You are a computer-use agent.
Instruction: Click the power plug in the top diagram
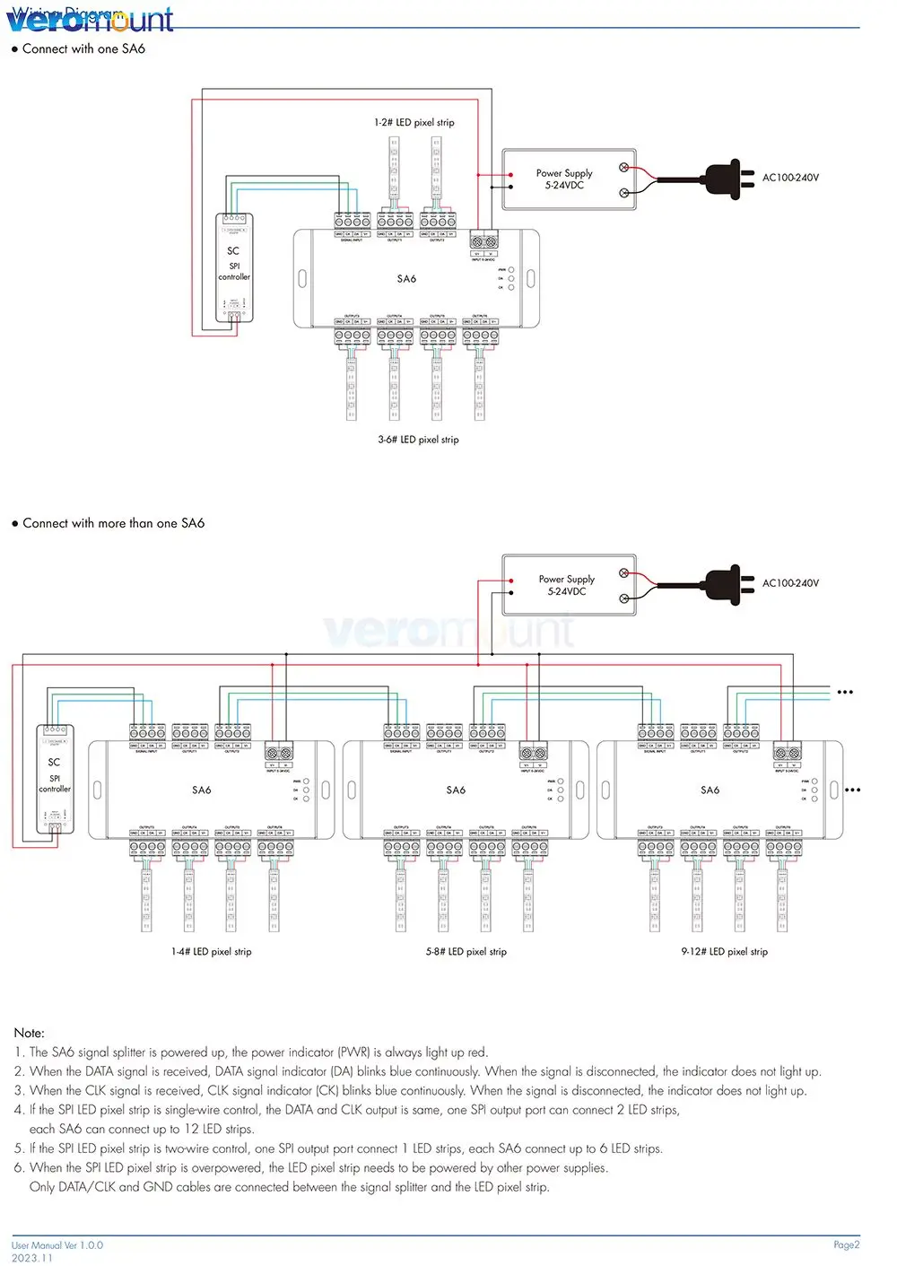pyautogui.click(x=727, y=178)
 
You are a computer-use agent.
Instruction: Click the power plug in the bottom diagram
pyautogui.click(x=727, y=583)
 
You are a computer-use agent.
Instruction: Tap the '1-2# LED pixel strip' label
pyautogui.click(x=414, y=122)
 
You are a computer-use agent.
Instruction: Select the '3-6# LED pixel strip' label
pyautogui.click(x=418, y=440)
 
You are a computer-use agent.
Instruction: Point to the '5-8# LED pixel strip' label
pyautogui.click(x=466, y=951)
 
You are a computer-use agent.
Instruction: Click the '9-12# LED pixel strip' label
pyautogui.click(x=724, y=951)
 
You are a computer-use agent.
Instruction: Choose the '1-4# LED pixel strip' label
pyautogui.click(x=211, y=951)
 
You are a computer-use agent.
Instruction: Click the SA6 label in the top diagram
pyautogui.click(x=406, y=279)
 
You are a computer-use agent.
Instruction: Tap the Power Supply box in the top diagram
pyautogui.click(x=568, y=179)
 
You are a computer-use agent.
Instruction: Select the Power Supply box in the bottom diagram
pyautogui.click(x=568, y=585)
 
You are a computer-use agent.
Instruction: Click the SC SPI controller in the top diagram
pyautogui.click(x=234, y=266)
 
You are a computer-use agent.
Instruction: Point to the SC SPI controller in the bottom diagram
pyautogui.click(x=55, y=778)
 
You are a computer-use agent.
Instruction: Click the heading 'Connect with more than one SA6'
pyautogui.click(x=113, y=523)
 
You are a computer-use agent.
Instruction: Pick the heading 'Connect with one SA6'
pyautogui.click(x=83, y=49)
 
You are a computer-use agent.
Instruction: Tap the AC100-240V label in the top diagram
pyautogui.click(x=790, y=178)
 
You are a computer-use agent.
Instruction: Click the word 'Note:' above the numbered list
pyautogui.click(x=30, y=1033)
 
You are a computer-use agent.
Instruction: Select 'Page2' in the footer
pyautogui.click(x=846, y=1244)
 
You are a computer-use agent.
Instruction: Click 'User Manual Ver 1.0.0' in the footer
pyautogui.click(x=57, y=1245)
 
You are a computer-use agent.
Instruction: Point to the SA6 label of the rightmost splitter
pyautogui.click(x=710, y=790)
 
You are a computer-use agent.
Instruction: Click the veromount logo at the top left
pyautogui.click(x=90, y=20)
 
